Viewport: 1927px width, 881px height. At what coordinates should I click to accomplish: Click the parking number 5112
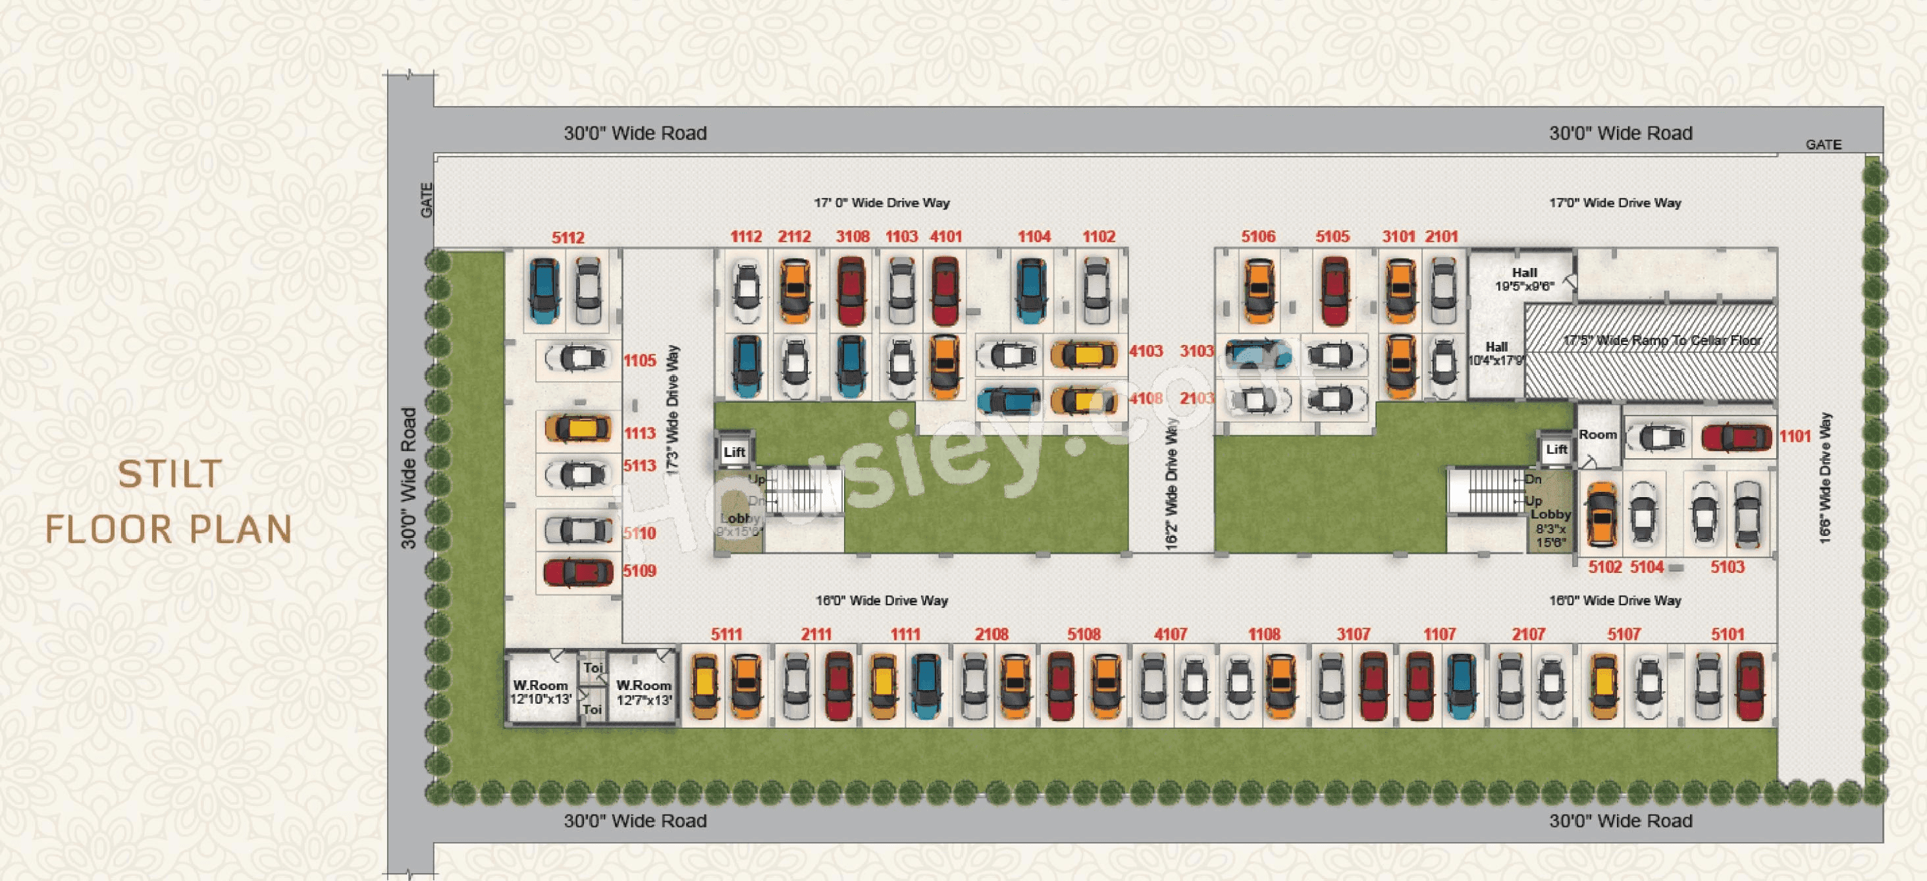pyautogui.click(x=568, y=238)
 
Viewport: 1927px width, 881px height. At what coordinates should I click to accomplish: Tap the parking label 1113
pyautogui.click(x=640, y=433)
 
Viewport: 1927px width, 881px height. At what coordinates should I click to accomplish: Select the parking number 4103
pyautogui.click(x=1146, y=352)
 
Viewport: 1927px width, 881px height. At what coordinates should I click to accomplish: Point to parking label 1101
pyautogui.click(x=1795, y=437)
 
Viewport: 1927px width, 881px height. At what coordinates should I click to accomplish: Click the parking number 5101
pyautogui.click(x=1728, y=634)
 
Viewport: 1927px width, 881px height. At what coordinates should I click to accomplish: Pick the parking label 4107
pyautogui.click(x=1171, y=634)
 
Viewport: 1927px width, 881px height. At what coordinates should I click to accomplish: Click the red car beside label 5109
pyautogui.click(x=577, y=573)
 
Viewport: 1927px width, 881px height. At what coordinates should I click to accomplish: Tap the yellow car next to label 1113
pyautogui.click(x=578, y=429)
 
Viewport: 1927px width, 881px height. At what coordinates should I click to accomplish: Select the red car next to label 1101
pyautogui.click(x=1736, y=437)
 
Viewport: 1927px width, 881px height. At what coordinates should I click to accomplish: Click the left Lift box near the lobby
pyautogui.click(x=734, y=452)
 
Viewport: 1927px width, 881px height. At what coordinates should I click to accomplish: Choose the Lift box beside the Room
pyautogui.click(x=1556, y=450)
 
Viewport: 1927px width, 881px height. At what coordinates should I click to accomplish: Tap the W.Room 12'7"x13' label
pyautogui.click(x=643, y=692)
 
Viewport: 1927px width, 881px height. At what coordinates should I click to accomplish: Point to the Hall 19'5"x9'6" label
pyautogui.click(x=1524, y=279)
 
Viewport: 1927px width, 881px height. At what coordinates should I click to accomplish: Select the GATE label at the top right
pyautogui.click(x=1823, y=144)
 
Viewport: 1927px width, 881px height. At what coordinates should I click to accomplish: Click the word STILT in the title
pyautogui.click(x=170, y=474)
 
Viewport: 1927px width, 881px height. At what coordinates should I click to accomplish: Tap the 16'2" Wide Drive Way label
pyautogui.click(x=1171, y=485)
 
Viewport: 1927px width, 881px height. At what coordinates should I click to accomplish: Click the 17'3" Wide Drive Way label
pyautogui.click(x=672, y=410)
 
